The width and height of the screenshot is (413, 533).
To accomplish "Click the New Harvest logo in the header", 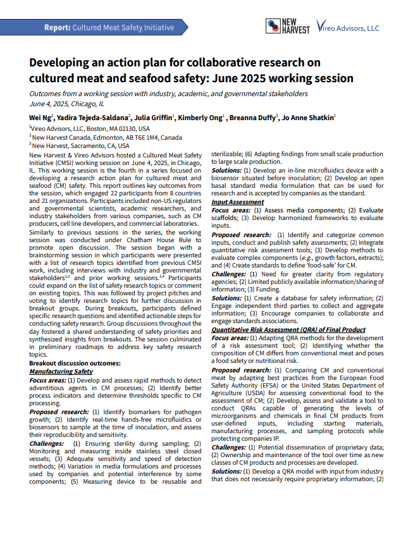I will [x=287, y=26].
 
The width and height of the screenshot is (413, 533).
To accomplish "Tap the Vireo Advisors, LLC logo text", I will [x=348, y=28].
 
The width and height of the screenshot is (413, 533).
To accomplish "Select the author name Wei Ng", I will [x=41, y=117].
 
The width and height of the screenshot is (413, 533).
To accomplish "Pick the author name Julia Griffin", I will [x=154, y=117].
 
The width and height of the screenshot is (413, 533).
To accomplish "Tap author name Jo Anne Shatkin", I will [x=308, y=117].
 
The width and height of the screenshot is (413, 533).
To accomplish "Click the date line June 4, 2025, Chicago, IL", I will [x=66, y=103].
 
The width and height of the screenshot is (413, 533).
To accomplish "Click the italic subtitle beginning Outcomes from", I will [x=168, y=94].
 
